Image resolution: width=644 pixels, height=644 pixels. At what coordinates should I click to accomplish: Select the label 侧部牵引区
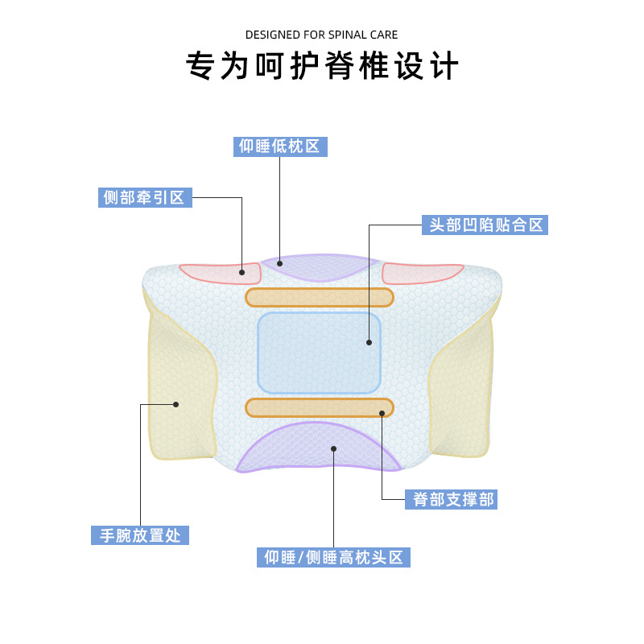[144, 197]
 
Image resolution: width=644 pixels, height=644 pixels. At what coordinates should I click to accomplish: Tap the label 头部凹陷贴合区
[485, 225]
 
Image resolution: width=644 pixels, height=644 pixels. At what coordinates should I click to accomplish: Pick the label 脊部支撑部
[453, 499]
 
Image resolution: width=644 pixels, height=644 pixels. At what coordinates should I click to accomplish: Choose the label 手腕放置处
[140, 535]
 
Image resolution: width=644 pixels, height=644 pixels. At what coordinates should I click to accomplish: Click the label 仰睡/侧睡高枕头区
[333, 557]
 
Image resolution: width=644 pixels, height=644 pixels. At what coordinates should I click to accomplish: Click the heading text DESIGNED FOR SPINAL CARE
[321, 35]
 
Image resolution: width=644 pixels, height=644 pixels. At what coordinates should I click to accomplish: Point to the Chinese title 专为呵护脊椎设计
[322, 66]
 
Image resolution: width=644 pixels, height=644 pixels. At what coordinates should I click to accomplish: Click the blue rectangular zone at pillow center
[319, 353]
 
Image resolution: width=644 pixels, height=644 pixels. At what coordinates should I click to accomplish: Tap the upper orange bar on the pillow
[320, 297]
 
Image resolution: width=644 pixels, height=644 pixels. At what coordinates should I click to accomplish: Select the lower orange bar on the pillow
[320, 407]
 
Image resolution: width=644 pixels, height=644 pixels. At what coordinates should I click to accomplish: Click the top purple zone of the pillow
[320, 266]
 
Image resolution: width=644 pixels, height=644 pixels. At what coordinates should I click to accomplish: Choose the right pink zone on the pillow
[422, 273]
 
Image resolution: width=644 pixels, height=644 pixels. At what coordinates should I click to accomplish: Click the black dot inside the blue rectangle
[369, 342]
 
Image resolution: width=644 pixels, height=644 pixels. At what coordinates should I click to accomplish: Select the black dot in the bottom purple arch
[333, 448]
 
